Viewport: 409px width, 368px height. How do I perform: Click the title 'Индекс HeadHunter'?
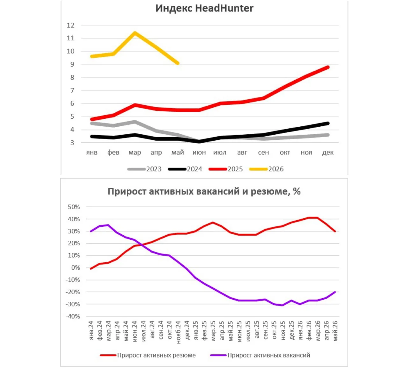pyautogui.click(x=204, y=9)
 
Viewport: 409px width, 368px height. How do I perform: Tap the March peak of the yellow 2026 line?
pyautogui.click(x=135, y=33)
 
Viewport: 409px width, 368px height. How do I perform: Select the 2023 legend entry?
pyautogui.click(x=144, y=169)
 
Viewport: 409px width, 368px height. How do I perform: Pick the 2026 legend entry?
pyautogui.click(x=267, y=169)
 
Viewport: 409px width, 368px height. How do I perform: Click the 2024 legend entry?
pyautogui.click(x=185, y=169)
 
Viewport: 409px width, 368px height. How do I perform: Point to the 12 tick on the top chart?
pyautogui.click(x=70, y=25)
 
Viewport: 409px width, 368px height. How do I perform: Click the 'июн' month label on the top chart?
pyautogui.click(x=199, y=152)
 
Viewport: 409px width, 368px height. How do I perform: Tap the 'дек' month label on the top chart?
pyautogui.click(x=328, y=152)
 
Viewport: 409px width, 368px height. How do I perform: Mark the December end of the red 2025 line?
pyautogui.click(x=328, y=67)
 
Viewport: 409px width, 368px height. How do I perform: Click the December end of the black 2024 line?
pyautogui.click(x=328, y=123)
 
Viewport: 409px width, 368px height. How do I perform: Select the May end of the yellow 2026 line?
pyautogui.click(x=178, y=63)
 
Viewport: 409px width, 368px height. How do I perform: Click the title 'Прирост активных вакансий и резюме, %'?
pyautogui.click(x=204, y=192)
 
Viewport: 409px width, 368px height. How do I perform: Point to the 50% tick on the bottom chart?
pyautogui.click(x=74, y=207)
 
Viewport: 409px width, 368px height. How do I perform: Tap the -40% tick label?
pyautogui.click(x=73, y=316)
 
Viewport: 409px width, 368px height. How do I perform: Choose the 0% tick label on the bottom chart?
pyautogui.click(x=75, y=268)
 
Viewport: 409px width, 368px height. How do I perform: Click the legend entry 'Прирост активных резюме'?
pyautogui.click(x=148, y=355)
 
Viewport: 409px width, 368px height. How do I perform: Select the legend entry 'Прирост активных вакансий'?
pyautogui.click(x=260, y=355)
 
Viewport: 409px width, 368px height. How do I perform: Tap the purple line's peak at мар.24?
pyautogui.click(x=108, y=225)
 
